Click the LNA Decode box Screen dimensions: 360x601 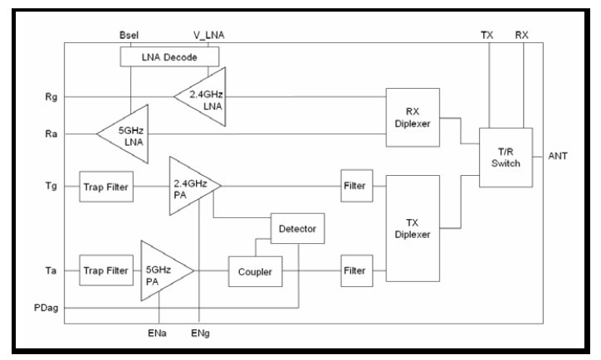(169, 56)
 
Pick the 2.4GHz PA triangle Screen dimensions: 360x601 (192, 186)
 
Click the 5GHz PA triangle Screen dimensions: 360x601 (164, 270)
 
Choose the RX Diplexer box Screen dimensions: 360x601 (413, 117)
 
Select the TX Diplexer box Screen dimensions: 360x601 (413, 228)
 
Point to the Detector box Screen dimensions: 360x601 (297, 227)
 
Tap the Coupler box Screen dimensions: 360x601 (255, 271)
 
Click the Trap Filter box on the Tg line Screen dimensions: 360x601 (105, 187)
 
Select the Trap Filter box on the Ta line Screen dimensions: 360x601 (105, 270)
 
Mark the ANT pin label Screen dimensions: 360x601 (558, 156)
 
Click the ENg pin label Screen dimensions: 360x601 (200, 333)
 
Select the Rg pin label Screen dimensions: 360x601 (52, 97)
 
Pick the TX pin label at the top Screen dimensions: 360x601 (487, 34)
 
